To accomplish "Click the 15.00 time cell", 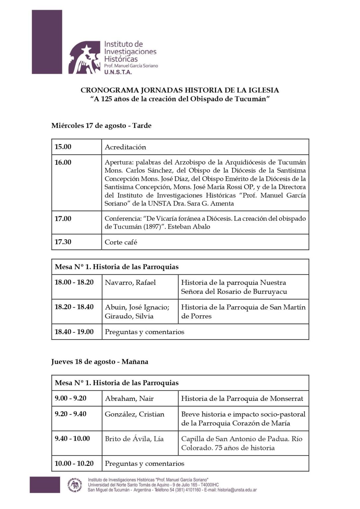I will pyautogui.click(x=63, y=147).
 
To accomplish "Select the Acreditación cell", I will pyautogui.click(x=125, y=147).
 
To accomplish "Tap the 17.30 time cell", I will pyautogui.click(x=63, y=242).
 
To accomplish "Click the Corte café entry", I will pyautogui.click(x=121, y=242).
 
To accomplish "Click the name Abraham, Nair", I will pyautogui.click(x=129, y=398).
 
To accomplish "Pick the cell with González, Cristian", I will pyautogui.click(x=135, y=414).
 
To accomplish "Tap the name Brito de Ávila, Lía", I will pyautogui.click(x=134, y=439).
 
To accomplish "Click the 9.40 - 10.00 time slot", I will pyautogui.click(x=72, y=439).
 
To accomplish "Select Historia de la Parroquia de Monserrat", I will pyautogui.click(x=242, y=398).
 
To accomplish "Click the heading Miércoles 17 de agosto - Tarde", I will pyautogui.click(x=101, y=126).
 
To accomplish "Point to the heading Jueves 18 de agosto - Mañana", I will pyautogui.click(x=100, y=362).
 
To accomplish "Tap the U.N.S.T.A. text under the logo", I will pyautogui.click(x=118, y=72).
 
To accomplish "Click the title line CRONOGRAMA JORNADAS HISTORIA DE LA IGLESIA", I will pyautogui.click(x=180, y=90).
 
